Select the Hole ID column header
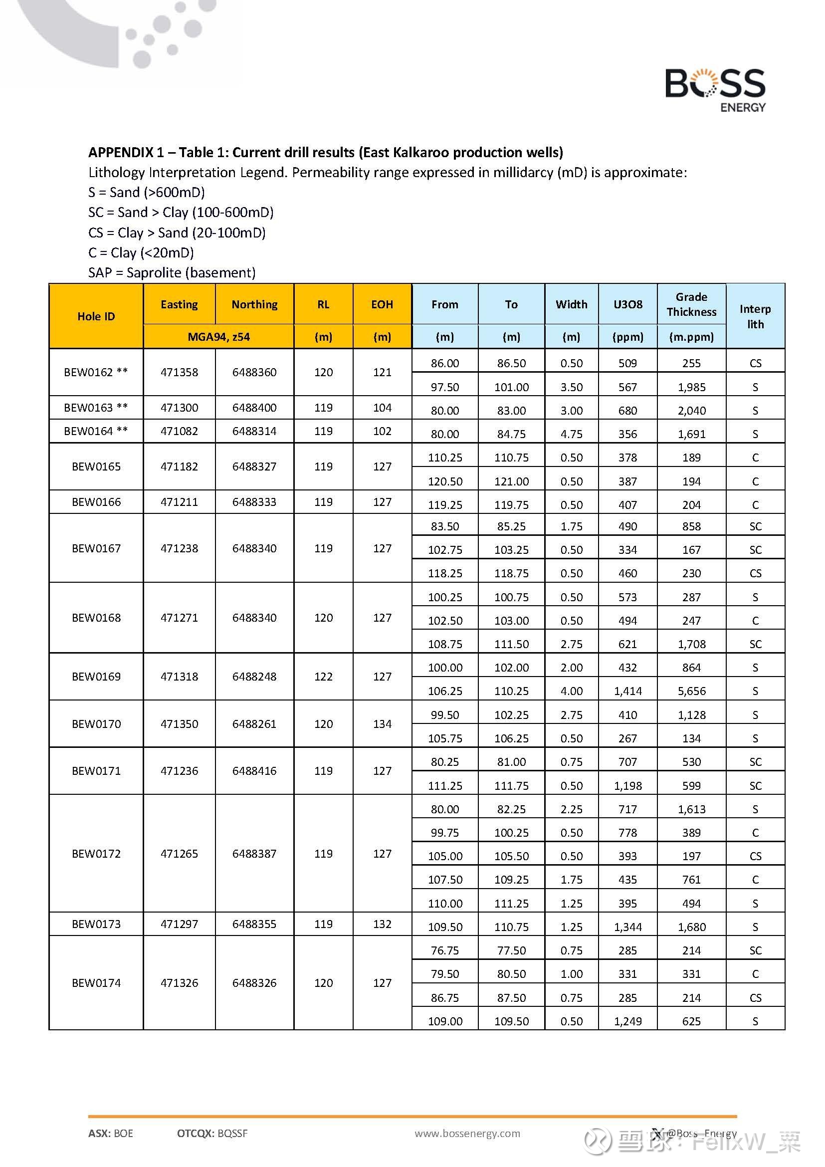[x=96, y=316]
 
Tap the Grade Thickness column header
[x=691, y=304]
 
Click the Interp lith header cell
[x=755, y=316]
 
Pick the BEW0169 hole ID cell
[x=96, y=676]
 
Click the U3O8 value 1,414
[x=627, y=691]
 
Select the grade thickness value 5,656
[x=691, y=691]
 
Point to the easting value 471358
[x=180, y=372]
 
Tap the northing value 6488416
[x=254, y=770]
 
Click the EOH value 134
[x=382, y=724]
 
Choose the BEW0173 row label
[x=96, y=924]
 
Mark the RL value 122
[x=323, y=676]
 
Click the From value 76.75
[x=444, y=950]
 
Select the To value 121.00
[x=511, y=481]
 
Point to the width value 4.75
[x=571, y=434]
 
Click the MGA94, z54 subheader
[x=218, y=336]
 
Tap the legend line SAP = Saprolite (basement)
[x=172, y=272]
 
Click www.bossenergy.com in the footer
[x=467, y=1133]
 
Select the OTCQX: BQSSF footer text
[x=212, y=1133]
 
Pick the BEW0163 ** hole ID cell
[x=96, y=407]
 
